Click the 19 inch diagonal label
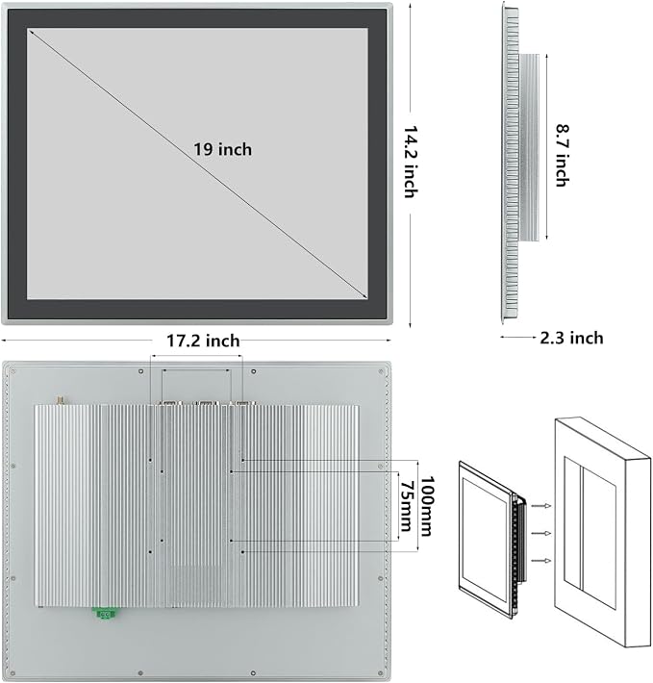222,149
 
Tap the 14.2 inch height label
412,162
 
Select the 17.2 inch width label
203,341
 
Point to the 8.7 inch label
563,156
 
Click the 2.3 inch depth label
571,338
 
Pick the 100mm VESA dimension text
427,506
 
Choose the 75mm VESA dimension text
406,506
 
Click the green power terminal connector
106,614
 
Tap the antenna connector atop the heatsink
60,400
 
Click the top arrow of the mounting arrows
542,506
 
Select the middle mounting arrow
542,533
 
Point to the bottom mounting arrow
542,561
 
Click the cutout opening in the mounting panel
590,532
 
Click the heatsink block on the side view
529,147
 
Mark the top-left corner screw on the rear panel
13,371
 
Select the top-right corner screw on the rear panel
381,371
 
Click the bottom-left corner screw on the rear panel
13,673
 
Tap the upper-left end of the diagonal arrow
28,29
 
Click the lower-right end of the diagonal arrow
367,298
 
